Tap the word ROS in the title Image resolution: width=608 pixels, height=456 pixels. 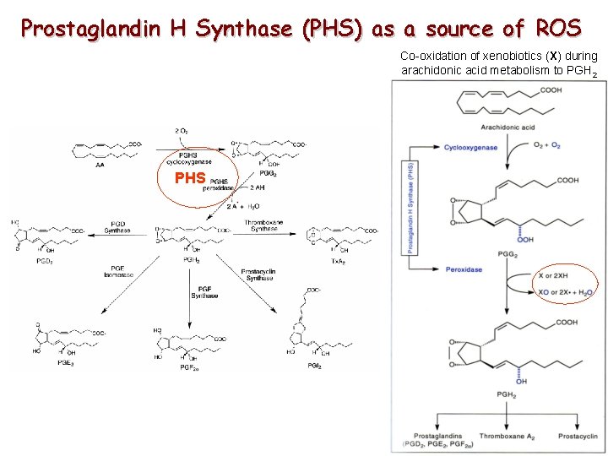pos(557,29)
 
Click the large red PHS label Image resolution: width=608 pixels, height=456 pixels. pos(190,178)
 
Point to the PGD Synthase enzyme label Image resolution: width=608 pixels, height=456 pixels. pos(117,227)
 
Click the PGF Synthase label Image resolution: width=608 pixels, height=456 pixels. pos(204,291)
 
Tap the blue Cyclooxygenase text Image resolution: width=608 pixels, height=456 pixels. pos(470,148)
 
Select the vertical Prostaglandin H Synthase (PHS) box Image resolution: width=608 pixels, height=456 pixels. pos(410,208)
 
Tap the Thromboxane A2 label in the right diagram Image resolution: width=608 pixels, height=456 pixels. pos(508,436)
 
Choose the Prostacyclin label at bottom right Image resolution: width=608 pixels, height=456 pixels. pos(577,436)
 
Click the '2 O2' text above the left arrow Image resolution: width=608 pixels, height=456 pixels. pos(182,132)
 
